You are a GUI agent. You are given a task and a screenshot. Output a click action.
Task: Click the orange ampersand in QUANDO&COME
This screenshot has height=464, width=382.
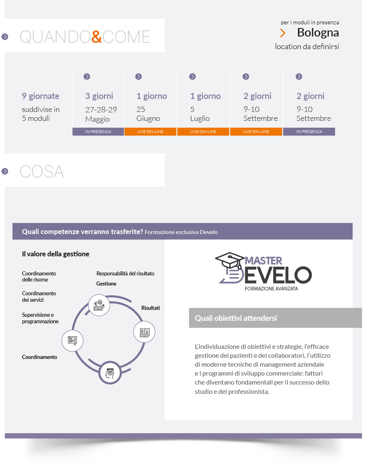tap(97, 37)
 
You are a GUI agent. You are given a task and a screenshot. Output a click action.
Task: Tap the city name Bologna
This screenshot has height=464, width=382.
tap(317, 32)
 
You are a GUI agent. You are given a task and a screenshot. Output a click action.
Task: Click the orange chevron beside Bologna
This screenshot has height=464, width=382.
tap(283, 33)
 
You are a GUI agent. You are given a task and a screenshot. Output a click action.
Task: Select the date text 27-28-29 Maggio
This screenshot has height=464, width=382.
tap(101, 114)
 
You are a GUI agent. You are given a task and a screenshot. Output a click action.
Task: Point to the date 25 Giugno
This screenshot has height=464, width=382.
tap(148, 114)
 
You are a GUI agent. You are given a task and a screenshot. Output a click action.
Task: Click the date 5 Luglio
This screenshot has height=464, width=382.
tap(200, 114)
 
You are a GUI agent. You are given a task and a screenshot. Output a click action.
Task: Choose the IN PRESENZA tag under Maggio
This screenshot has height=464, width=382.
tap(98, 131)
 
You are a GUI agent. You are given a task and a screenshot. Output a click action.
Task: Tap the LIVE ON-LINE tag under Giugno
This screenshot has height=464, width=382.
tap(150, 131)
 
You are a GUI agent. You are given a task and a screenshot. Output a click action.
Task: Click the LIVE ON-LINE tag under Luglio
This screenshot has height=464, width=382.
tap(203, 131)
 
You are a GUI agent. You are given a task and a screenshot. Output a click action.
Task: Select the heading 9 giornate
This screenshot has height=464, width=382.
tap(41, 96)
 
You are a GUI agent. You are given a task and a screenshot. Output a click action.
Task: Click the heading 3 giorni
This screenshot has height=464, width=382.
tap(99, 96)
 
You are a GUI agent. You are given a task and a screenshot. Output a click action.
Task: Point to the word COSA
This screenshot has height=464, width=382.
tap(42, 172)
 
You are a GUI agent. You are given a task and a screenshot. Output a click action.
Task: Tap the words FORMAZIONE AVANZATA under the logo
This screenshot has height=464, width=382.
tap(271, 288)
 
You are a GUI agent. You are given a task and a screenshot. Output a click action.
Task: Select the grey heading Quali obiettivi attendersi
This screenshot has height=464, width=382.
tap(236, 318)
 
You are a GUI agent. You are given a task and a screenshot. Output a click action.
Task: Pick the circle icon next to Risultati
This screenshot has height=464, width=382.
tap(144, 332)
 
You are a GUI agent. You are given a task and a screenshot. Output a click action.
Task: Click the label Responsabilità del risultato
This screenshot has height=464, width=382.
tap(125, 273)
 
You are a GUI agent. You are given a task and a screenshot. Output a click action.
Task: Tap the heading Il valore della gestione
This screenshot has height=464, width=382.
tap(56, 254)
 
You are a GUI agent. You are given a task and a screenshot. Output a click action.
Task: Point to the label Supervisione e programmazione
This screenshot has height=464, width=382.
tap(40, 318)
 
